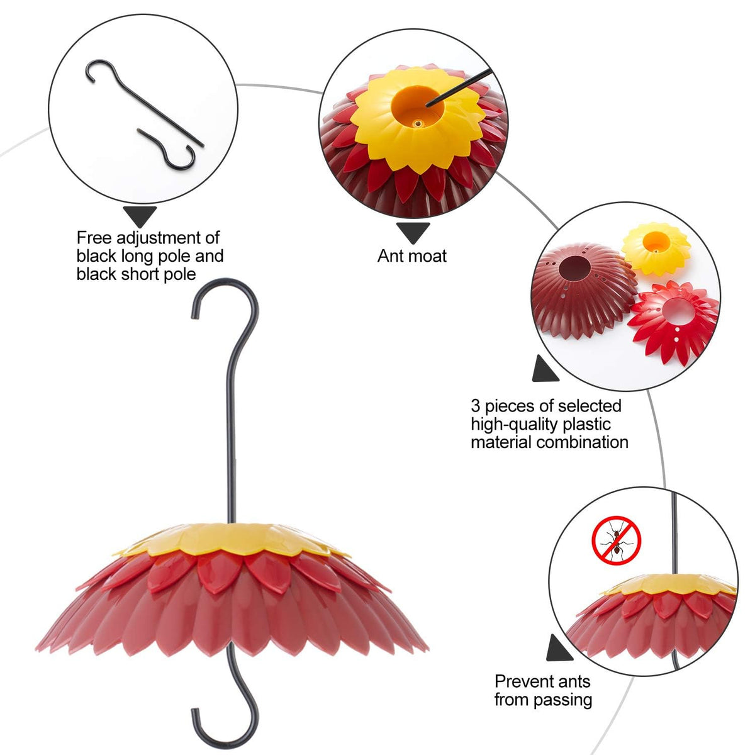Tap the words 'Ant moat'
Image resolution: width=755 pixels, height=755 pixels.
[411, 256]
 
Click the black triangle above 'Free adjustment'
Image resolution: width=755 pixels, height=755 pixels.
[140, 216]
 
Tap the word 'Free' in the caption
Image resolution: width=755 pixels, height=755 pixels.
[94, 237]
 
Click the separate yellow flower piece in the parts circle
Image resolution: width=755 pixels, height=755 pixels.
[656, 248]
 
